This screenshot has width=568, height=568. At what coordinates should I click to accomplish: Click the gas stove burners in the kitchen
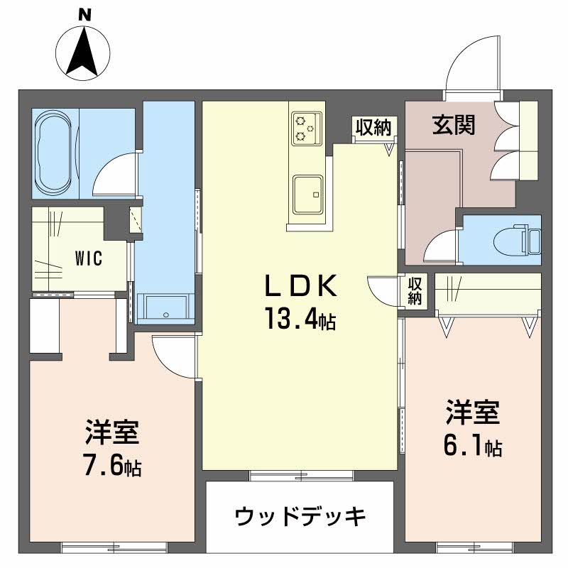[306, 127]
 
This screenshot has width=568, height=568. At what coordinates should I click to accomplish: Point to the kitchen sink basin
[308, 192]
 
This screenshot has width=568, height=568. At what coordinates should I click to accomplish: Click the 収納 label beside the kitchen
[373, 127]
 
